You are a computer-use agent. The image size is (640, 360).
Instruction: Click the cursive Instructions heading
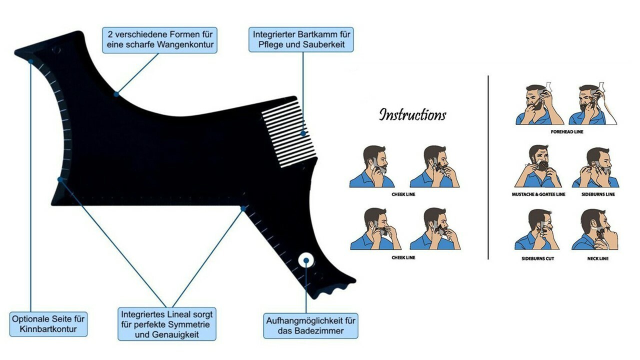(x=412, y=114)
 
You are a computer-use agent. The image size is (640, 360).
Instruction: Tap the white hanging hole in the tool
(x=305, y=260)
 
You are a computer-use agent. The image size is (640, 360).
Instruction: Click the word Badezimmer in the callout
(x=319, y=331)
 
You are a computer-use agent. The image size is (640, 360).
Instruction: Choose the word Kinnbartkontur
(x=48, y=329)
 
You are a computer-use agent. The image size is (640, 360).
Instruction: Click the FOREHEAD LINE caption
(x=567, y=131)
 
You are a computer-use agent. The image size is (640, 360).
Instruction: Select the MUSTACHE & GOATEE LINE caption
(x=538, y=194)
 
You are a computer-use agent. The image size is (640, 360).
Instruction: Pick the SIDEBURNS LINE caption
(x=598, y=194)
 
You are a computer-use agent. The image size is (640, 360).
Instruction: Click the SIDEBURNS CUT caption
(x=537, y=258)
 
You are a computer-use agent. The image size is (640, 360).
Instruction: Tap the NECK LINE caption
(x=597, y=258)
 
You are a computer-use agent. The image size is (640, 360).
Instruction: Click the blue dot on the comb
(x=303, y=133)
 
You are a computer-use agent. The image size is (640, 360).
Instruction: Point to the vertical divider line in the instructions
(x=488, y=167)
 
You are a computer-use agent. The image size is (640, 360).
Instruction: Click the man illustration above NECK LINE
(x=595, y=229)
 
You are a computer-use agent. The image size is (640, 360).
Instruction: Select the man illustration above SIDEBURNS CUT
(x=537, y=229)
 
